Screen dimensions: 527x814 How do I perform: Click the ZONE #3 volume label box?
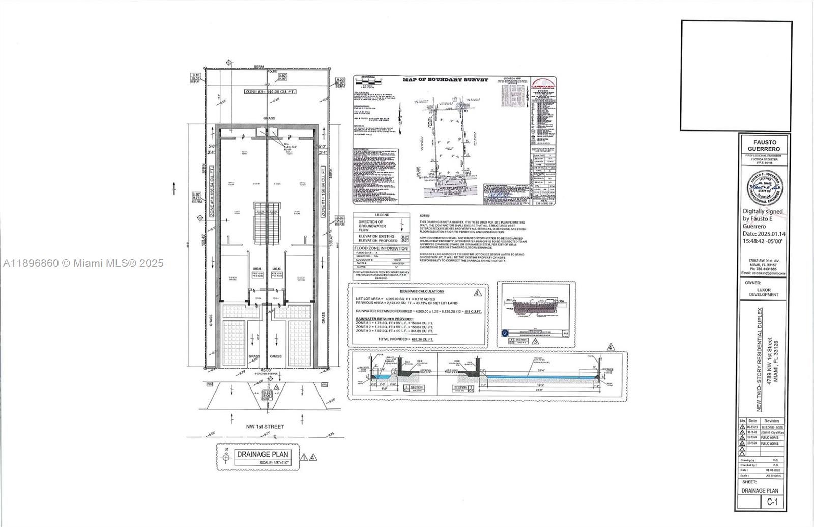tap(270, 91)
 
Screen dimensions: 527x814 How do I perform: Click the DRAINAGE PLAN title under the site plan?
tap(262, 455)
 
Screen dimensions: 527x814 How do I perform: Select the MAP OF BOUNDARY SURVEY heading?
tap(445, 80)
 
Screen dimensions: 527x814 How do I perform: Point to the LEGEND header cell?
tap(382, 215)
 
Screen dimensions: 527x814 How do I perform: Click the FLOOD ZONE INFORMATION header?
tap(382, 248)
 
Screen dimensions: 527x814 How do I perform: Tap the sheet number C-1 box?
tap(772, 502)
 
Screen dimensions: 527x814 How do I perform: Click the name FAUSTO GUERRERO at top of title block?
tap(763, 145)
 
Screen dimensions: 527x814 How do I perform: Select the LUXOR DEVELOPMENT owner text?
tap(763, 292)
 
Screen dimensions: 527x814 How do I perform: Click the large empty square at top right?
tap(736, 75)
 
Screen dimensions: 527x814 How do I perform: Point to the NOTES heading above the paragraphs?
tap(425, 216)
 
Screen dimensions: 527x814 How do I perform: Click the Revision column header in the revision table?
tap(771, 421)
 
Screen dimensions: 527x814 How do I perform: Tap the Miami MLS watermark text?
tap(83, 263)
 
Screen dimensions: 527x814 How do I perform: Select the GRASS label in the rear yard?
tap(269, 118)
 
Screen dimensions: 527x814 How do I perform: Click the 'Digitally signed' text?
tap(763, 211)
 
